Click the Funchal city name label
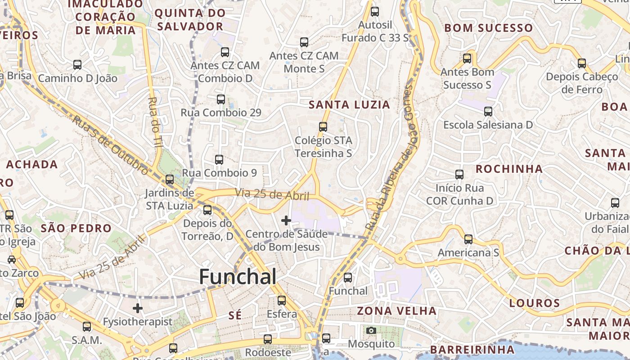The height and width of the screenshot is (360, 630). click(238, 276)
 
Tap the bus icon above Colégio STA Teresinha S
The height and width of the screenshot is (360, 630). click(323, 127)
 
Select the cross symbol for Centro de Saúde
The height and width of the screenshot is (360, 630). click(286, 220)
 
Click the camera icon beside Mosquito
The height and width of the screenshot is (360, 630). click(371, 331)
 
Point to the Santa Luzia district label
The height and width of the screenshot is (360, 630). click(349, 105)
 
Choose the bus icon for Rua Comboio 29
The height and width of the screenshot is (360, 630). click(221, 99)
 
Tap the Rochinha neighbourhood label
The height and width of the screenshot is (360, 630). click(509, 169)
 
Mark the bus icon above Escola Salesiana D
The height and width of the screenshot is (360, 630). click(488, 111)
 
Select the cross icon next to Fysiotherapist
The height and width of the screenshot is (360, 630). click(138, 308)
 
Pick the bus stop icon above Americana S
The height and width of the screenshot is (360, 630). click(468, 239)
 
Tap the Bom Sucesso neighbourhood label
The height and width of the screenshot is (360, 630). click(488, 28)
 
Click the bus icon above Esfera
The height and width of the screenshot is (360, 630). click(282, 300)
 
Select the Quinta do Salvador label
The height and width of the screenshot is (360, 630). click(190, 19)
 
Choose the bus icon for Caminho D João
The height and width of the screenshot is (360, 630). click(77, 65)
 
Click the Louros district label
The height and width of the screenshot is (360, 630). click(535, 303)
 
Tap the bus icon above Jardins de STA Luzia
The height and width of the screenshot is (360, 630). click(170, 180)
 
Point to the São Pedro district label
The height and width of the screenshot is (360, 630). click(76, 228)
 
